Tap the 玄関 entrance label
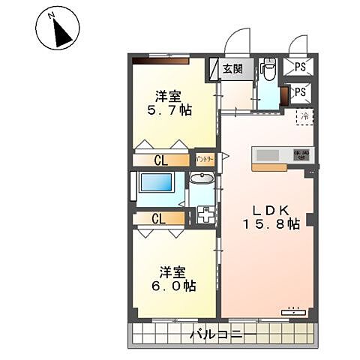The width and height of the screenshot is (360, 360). coord(232,69)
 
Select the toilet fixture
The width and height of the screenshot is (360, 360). coord(268,70)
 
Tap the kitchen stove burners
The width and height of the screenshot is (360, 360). coord(301,154)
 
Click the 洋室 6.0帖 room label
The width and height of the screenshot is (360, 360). coord(177,279)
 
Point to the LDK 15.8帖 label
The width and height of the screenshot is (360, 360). coord(271,216)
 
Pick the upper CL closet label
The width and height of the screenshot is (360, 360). coord(160,160)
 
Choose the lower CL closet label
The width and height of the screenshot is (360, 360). coord(158,219)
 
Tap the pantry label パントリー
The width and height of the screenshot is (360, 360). coord(205,160)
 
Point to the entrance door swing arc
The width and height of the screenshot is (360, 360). coord(240,41)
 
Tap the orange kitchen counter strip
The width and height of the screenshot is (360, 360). coord(268,167)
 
